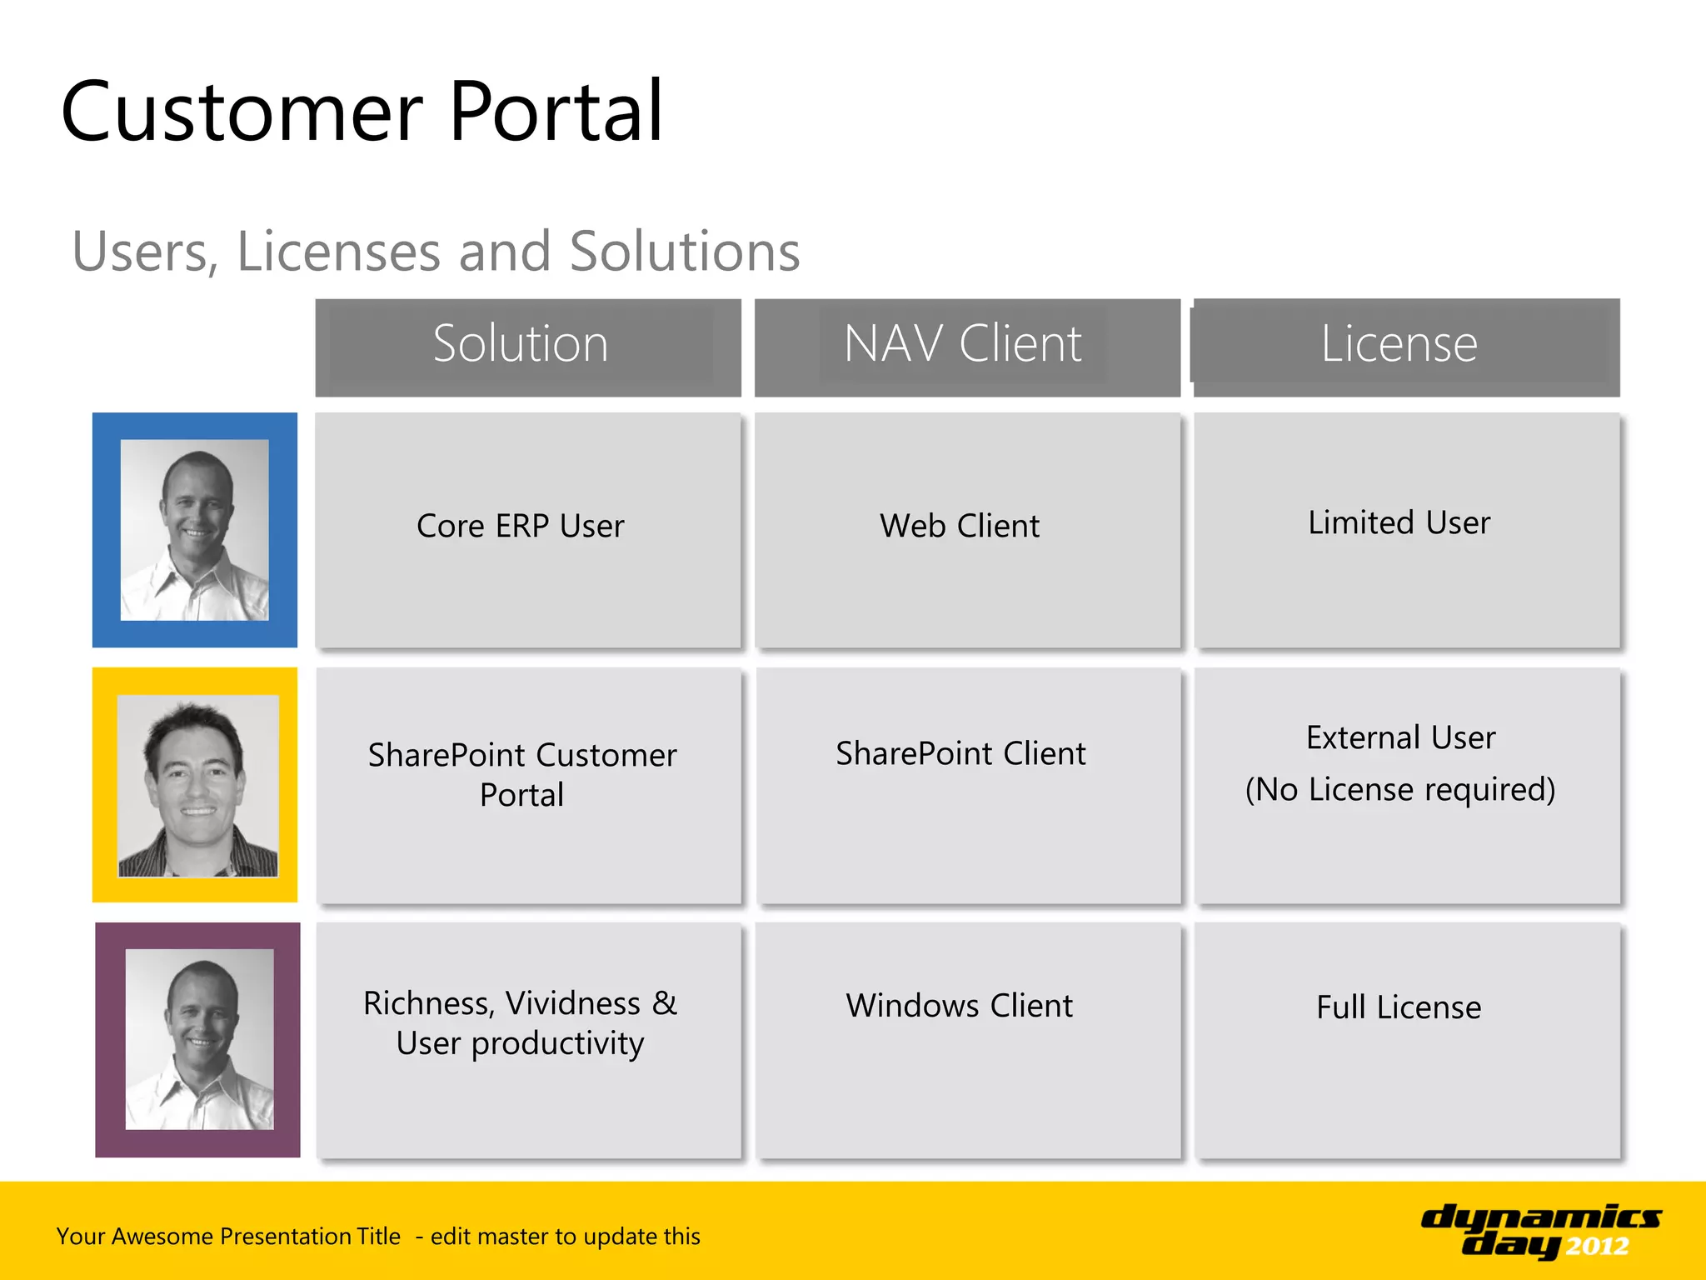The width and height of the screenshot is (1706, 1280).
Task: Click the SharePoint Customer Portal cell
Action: pos(522,775)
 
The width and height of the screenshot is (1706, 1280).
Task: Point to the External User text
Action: pos(1400,738)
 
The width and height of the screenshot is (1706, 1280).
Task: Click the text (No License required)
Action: pos(1400,790)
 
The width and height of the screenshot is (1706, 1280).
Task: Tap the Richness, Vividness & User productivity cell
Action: pos(521,1023)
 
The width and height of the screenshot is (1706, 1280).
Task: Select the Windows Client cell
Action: pos(960,1006)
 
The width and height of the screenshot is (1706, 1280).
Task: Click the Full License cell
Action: pos(1399,1007)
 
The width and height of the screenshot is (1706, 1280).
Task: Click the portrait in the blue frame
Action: pos(195,530)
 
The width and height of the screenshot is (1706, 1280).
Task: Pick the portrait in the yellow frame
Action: pos(197,785)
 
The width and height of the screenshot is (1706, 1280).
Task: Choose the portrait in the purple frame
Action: pos(199,1039)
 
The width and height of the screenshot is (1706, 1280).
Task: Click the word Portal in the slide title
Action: pos(556,112)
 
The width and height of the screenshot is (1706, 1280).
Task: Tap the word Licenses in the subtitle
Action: pos(338,252)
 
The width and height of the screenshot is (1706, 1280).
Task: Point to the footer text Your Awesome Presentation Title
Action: pos(228,1237)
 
